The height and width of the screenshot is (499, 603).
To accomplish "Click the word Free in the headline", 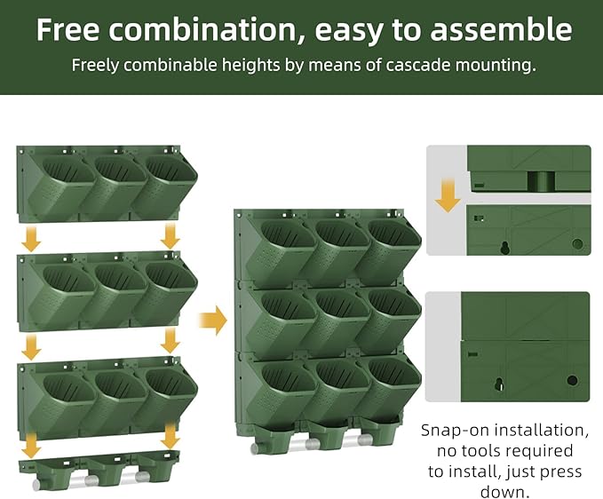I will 73,29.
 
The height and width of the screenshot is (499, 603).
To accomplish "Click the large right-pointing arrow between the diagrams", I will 212,320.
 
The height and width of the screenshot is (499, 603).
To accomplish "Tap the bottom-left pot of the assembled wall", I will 278,388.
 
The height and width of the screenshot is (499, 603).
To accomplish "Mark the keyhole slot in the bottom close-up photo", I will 498,384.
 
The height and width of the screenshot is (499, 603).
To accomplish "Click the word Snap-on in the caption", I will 453,431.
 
